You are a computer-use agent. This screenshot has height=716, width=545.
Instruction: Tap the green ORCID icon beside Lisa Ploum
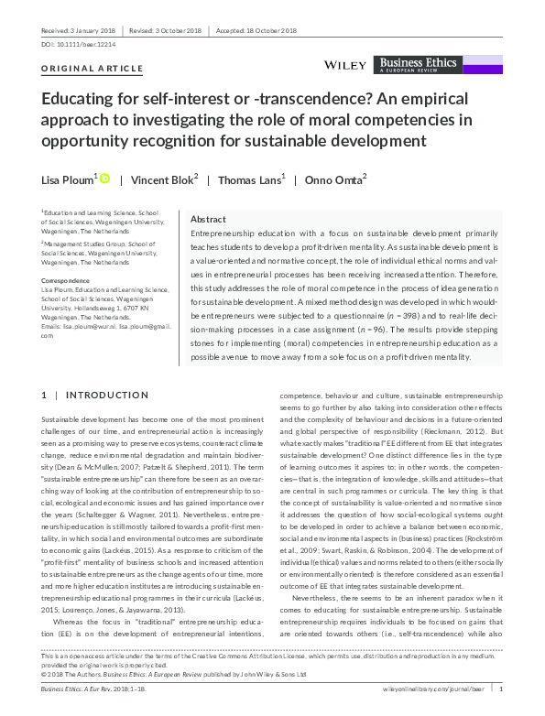coord(104,179)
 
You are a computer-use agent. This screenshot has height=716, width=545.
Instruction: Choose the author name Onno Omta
coord(335,179)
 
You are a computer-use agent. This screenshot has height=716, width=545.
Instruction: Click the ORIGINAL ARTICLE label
coord(93,69)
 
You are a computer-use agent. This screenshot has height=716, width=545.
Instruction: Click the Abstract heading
coord(208,220)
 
